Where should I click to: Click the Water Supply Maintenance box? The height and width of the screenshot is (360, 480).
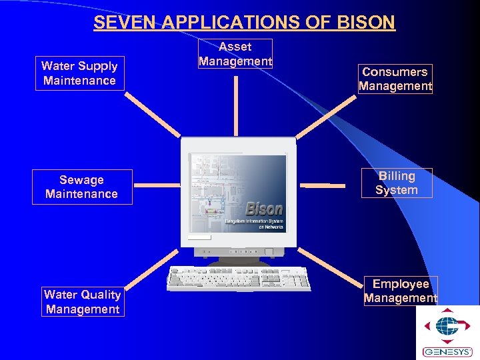pyautogui.click(x=79, y=73)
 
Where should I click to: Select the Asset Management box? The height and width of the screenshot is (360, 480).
pyautogui.click(x=235, y=54)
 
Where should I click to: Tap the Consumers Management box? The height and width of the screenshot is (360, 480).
pyautogui.click(x=395, y=79)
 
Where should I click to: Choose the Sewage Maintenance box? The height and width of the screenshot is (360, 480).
pyautogui.click(x=81, y=187)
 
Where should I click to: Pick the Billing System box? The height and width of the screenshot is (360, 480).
pyautogui.click(x=397, y=183)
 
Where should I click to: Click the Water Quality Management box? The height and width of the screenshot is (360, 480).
pyautogui.click(x=83, y=301)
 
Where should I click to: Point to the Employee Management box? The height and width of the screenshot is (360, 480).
pyautogui.click(x=401, y=291)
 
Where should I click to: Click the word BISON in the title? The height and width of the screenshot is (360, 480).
pyautogui.click(x=367, y=23)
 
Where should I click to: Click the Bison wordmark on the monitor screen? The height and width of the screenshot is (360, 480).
pyautogui.click(x=264, y=209)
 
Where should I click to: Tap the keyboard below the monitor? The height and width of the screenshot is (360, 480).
pyautogui.click(x=239, y=278)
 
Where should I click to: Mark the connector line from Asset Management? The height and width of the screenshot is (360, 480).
pyautogui.click(x=235, y=105)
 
